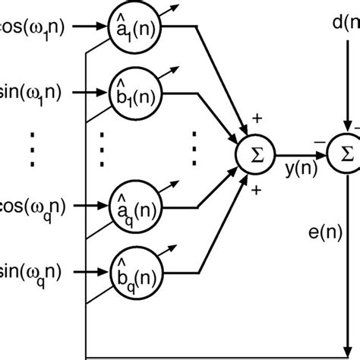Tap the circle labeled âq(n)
coord(129,204)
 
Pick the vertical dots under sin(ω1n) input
coord(30,149)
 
